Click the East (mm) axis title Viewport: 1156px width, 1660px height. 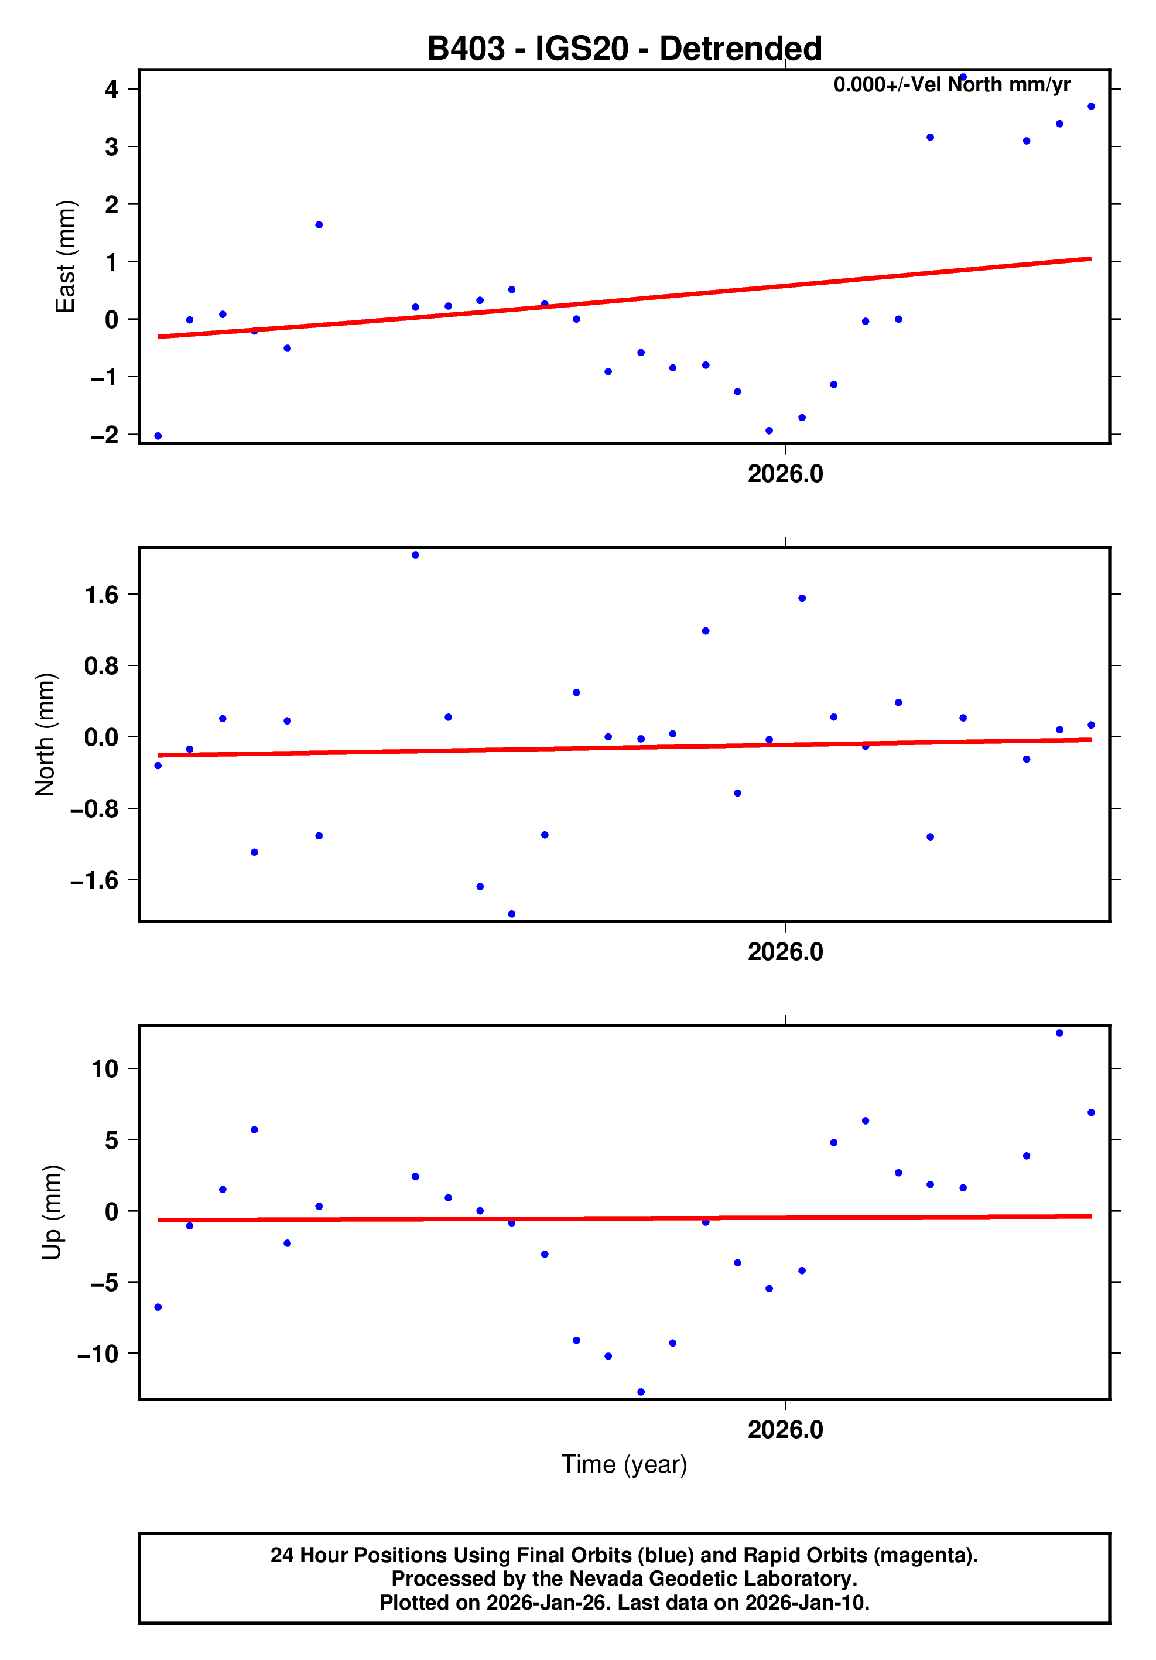[x=65, y=257]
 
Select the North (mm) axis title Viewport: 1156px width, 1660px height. [x=45, y=735]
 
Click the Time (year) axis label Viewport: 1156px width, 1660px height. [x=624, y=1464]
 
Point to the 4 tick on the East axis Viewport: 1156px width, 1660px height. [x=111, y=90]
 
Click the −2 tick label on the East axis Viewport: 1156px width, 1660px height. [x=104, y=435]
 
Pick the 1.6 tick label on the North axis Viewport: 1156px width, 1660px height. [x=101, y=595]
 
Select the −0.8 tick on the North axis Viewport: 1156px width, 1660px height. [x=94, y=809]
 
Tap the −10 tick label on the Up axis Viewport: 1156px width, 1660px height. [x=98, y=1354]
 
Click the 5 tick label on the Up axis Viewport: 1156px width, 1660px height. [x=111, y=1141]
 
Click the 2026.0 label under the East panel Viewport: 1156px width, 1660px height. [x=785, y=474]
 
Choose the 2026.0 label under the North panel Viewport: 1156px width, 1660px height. [x=785, y=952]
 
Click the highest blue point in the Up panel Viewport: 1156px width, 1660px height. [x=1059, y=1033]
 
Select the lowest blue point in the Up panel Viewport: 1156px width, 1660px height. [x=641, y=1392]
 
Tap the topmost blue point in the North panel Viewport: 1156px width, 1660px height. [x=415, y=555]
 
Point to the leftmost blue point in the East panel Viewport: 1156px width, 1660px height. [x=158, y=436]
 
